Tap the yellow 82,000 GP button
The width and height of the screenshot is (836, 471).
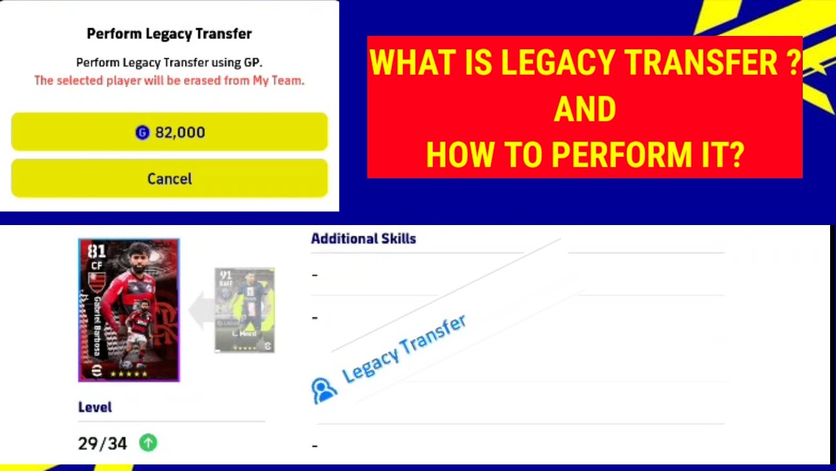tap(169, 132)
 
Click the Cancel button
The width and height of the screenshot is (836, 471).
tap(169, 179)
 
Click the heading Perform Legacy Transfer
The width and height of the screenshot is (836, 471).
tap(169, 33)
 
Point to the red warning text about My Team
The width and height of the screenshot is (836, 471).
tap(169, 80)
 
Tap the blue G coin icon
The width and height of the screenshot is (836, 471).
tap(142, 133)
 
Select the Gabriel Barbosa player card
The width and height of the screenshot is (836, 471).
tap(129, 310)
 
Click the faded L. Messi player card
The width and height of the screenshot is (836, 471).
tap(244, 310)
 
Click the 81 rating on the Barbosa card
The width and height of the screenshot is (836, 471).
tap(97, 252)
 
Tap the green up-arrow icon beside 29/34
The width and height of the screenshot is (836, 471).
tap(148, 443)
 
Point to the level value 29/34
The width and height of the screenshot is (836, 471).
tap(102, 444)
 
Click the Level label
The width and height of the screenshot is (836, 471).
tap(95, 407)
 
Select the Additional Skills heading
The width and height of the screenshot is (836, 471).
tap(363, 239)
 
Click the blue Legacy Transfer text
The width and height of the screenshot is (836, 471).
tap(404, 348)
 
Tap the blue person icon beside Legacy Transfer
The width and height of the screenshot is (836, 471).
tap(323, 390)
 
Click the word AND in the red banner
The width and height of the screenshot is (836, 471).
tap(585, 109)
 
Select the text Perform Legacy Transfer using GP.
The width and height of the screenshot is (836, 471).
tap(169, 63)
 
